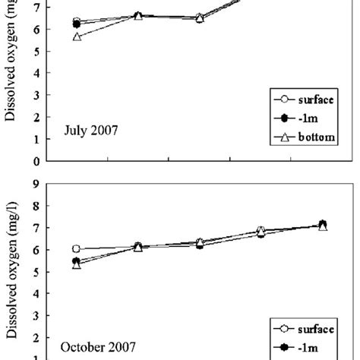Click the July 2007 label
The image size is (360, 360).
[x=90, y=131]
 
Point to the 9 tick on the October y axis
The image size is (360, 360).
[x=36, y=183]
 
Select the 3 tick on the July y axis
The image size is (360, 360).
[x=36, y=96]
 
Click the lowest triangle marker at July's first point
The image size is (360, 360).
[x=77, y=36]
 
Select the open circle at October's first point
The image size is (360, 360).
[x=77, y=248]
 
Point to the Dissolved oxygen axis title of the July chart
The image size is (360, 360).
[x=12, y=68]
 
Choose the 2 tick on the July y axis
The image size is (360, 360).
[x=36, y=118]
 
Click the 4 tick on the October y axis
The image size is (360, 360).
[x=36, y=293]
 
